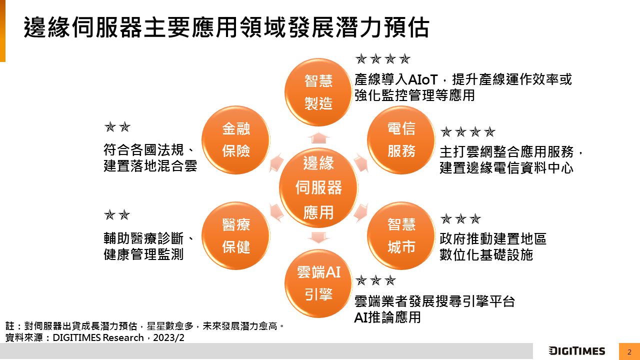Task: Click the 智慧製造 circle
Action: point(318,92)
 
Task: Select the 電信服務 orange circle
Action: point(401,139)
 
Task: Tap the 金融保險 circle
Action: point(235,139)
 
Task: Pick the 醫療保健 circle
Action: point(235,235)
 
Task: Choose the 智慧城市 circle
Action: point(401,235)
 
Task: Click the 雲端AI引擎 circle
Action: point(318,283)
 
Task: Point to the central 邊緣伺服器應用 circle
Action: point(318,187)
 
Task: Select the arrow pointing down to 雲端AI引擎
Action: point(318,237)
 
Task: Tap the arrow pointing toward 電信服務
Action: point(361,163)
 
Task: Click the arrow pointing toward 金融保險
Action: point(276,163)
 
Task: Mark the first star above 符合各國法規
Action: point(110,126)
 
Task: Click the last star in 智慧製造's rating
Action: point(404,59)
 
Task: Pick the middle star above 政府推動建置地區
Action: point(460,219)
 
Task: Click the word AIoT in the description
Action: point(423,79)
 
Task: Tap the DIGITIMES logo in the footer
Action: point(577,351)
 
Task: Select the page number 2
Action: point(629,351)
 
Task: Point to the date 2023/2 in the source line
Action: point(168,337)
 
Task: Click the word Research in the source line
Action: point(123,337)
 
